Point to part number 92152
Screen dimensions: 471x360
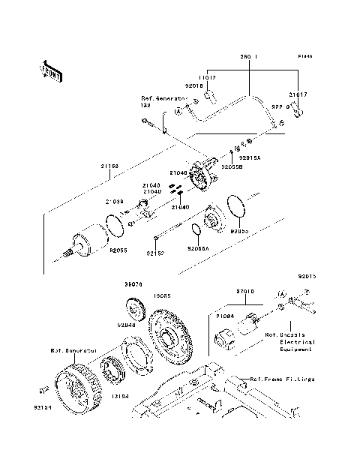[x=155, y=253]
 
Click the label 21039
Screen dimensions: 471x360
[x=114, y=202]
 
